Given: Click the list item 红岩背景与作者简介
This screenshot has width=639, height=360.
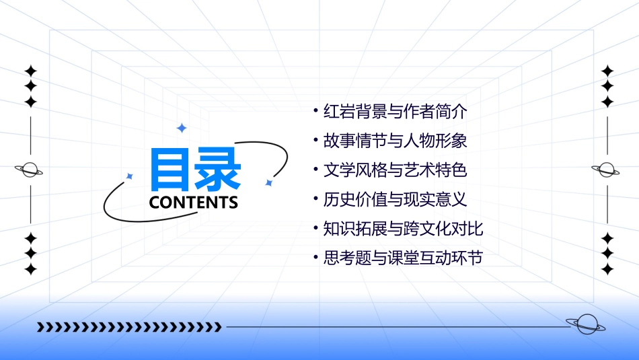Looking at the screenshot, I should pyautogui.click(x=395, y=112).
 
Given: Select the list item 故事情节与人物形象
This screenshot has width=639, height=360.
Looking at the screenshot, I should pyautogui.click(x=395, y=141).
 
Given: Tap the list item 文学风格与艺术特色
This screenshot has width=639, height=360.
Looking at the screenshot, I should pyautogui.click(x=395, y=170).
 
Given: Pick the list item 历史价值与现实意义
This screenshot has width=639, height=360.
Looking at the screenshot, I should pyautogui.click(x=395, y=199).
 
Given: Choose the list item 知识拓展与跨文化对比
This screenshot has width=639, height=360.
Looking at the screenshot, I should pyautogui.click(x=403, y=228).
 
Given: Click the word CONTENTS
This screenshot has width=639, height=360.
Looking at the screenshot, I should pyautogui.click(x=194, y=203).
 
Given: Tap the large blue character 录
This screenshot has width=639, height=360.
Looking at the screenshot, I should pyautogui.click(x=217, y=170).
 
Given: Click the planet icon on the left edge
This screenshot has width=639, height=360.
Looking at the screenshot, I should pyautogui.click(x=30, y=170).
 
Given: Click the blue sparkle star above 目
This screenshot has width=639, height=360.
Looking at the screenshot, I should pyautogui.click(x=181, y=128).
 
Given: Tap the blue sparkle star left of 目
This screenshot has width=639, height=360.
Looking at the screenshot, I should pyautogui.click(x=130, y=176).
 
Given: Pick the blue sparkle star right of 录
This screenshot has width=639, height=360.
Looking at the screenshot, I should pyautogui.click(x=268, y=182).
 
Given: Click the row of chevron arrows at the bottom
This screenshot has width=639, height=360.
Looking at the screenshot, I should pyautogui.click(x=129, y=328).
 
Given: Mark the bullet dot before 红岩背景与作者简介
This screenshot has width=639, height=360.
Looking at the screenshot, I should pyautogui.click(x=315, y=109).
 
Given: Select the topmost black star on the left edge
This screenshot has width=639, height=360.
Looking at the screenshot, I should pyautogui.click(x=30, y=70).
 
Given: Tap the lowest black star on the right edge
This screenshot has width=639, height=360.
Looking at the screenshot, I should pyautogui.click(x=607, y=269).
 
